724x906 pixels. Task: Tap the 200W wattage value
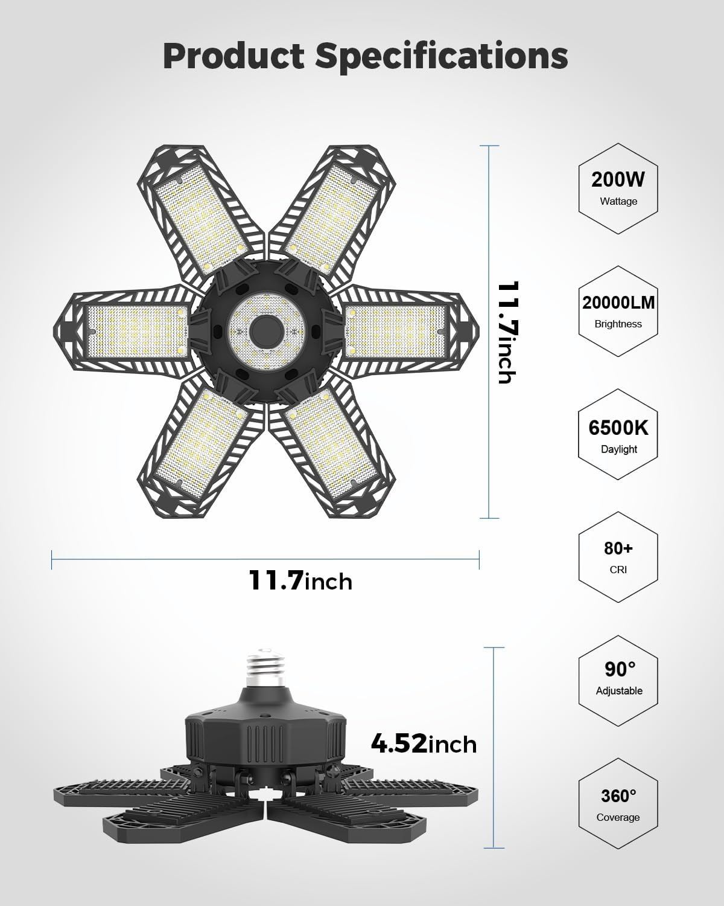[618, 180]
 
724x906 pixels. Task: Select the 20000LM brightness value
[618, 303]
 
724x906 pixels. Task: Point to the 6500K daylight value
[618, 428]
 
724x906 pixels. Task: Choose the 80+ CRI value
[618, 548]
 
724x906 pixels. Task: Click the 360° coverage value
[618, 795]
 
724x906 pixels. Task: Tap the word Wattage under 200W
[618, 201]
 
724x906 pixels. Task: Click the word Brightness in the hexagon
[618, 324]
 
